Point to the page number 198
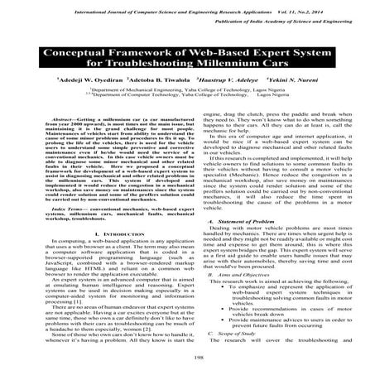(x=187, y=360)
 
